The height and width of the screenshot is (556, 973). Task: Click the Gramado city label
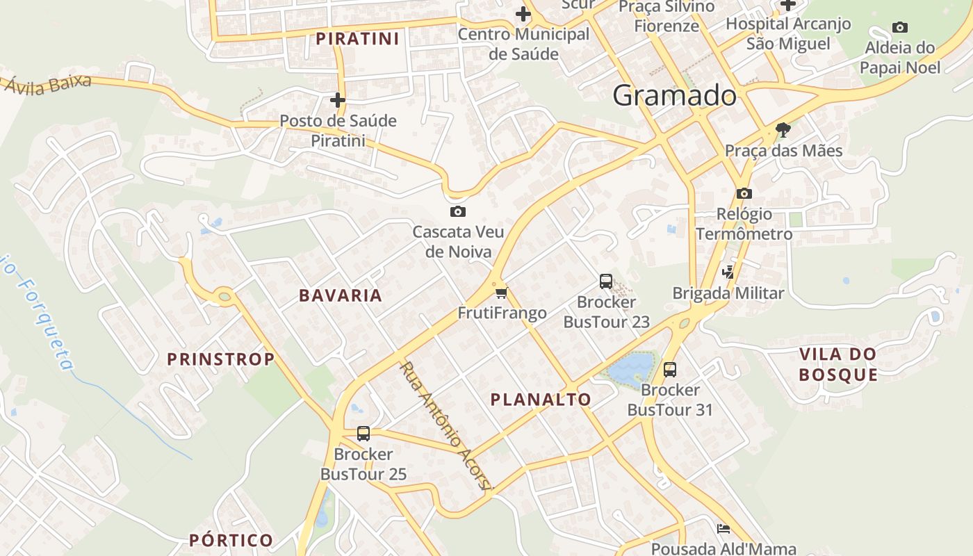[x=673, y=95]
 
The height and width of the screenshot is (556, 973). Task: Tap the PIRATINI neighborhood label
[x=358, y=39]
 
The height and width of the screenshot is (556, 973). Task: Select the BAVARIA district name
[x=341, y=295]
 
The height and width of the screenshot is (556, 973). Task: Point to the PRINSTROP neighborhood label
[x=221, y=359]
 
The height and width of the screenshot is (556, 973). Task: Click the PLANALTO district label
[x=541, y=400]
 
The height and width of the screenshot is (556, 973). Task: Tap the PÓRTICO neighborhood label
[x=231, y=540]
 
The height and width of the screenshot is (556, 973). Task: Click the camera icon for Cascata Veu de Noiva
[x=457, y=212]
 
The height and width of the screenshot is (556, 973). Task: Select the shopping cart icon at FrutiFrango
[x=502, y=293]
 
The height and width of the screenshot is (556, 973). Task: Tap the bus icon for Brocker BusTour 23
[x=606, y=281]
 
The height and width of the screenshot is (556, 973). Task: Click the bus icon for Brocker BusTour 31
[x=670, y=370]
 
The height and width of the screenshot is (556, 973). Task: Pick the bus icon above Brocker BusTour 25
[x=363, y=434]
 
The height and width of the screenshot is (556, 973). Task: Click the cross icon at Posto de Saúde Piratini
[x=338, y=100]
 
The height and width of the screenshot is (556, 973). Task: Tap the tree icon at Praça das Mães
[x=783, y=130]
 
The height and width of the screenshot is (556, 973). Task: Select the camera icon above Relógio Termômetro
[x=744, y=193]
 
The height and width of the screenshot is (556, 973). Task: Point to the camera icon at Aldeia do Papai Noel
[x=900, y=28]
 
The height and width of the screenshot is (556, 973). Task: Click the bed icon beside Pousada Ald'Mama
[x=723, y=529]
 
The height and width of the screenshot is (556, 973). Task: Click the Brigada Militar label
[x=728, y=293]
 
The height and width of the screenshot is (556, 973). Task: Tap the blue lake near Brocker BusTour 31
[x=632, y=366]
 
